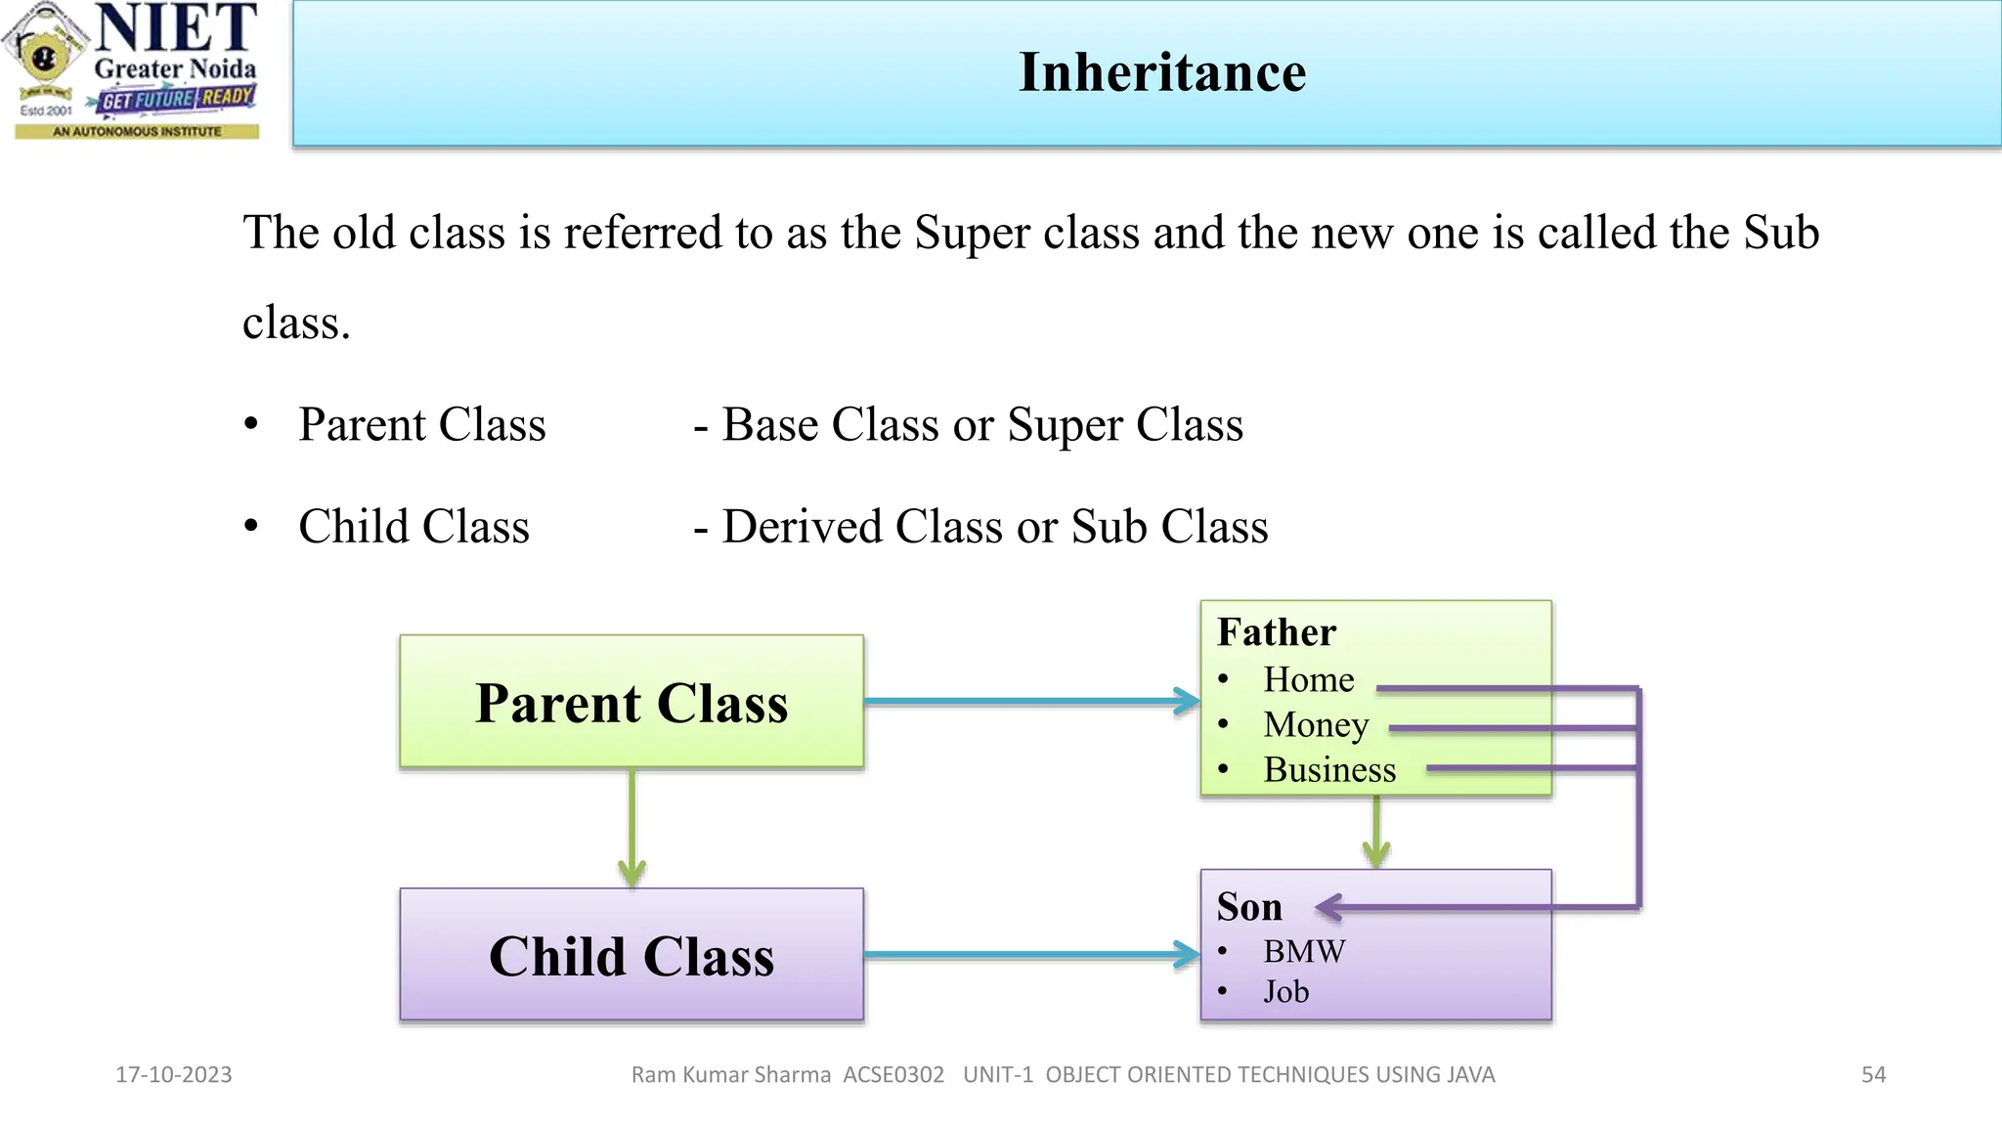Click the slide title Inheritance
(x=1161, y=72)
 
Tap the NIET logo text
(x=176, y=29)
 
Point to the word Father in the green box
(x=1276, y=632)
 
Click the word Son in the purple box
(x=1249, y=907)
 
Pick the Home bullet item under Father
(x=1308, y=679)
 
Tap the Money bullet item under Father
(x=1316, y=724)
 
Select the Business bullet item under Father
(x=1329, y=769)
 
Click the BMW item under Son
(x=1304, y=951)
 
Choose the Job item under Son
(x=1285, y=992)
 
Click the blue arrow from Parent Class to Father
(x=1026, y=701)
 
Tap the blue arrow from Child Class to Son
(x=1026, y=954)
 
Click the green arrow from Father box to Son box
(x=1376, y=831)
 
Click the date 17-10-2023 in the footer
(x=174, y=1074)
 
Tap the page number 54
(x=1873, y=1074)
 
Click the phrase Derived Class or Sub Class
(x=994, y=527)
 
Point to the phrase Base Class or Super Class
(x=981, y=425)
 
